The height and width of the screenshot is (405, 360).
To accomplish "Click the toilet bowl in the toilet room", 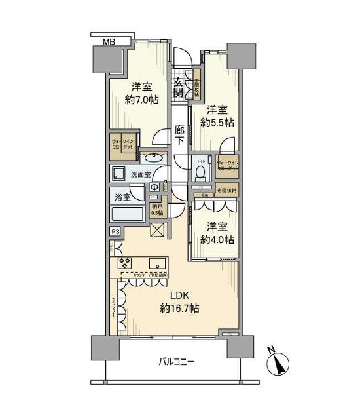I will tap(200, 171).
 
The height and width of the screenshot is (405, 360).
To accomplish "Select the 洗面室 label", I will tap(142, 175).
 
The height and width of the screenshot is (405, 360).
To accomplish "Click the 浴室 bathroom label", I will tap(122, 196).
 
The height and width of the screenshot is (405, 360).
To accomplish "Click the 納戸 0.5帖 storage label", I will tap(157, 210).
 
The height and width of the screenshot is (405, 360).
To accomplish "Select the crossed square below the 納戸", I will tap(157, 229).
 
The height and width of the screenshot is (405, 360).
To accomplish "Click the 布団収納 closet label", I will tap(224, 190).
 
